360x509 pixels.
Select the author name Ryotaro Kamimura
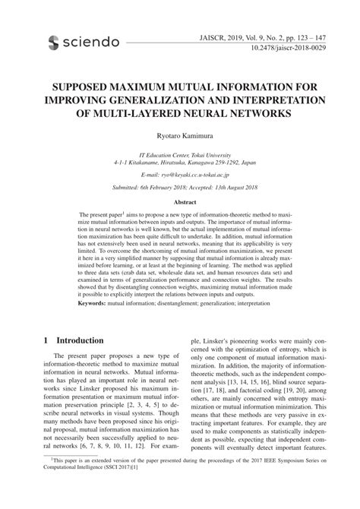(180, 134)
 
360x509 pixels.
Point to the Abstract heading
(180, 203)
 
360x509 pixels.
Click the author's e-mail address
(180, 174)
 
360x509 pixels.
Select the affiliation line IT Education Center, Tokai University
(180, 152)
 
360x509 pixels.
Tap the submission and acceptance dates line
(180, 187)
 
